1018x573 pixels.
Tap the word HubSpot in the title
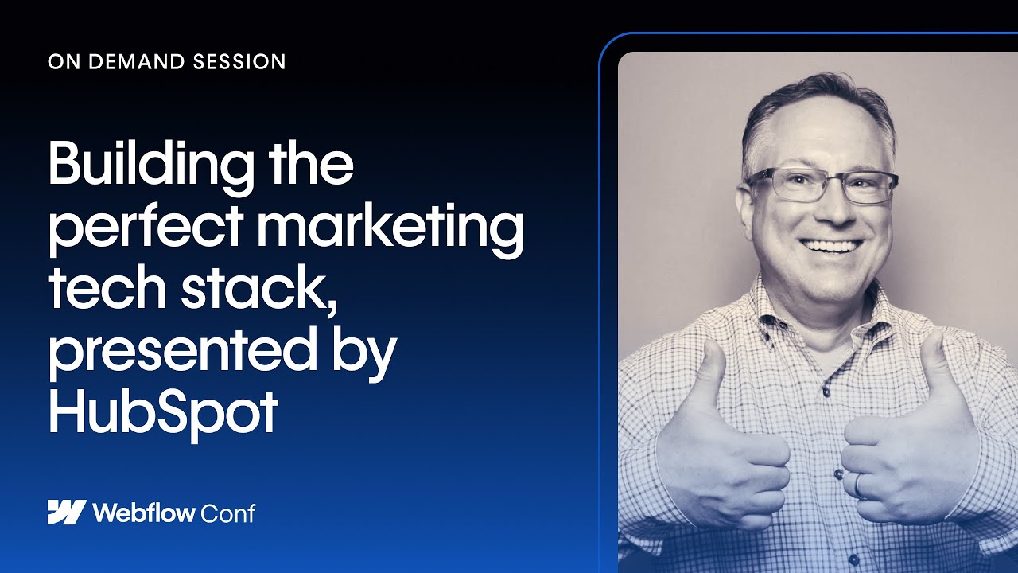tap(163, 411)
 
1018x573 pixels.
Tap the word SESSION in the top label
tap(243, 62)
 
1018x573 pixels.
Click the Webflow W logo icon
tap(66, 513)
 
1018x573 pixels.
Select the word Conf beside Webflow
tap(229, 513)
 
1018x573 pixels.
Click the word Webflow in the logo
tap(143, 513)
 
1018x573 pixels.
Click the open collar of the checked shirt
tap(827, 318)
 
